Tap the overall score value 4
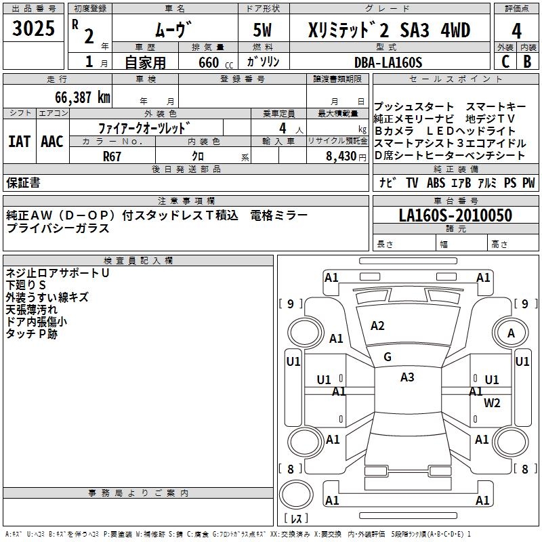click(517, 31)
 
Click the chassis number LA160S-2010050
click(455, 216)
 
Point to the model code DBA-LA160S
click(389, 62)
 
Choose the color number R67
click(112, 156)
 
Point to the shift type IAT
click(20, 142)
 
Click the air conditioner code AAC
click(52, 142)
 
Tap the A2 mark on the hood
click(377, 326)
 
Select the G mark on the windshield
click(388, 356)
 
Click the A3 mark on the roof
click(407, 377)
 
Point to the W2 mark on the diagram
click(492, 403)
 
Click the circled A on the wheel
click(512, 333)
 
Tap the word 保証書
click(23, 182)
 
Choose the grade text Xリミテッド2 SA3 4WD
click(389, 31)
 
